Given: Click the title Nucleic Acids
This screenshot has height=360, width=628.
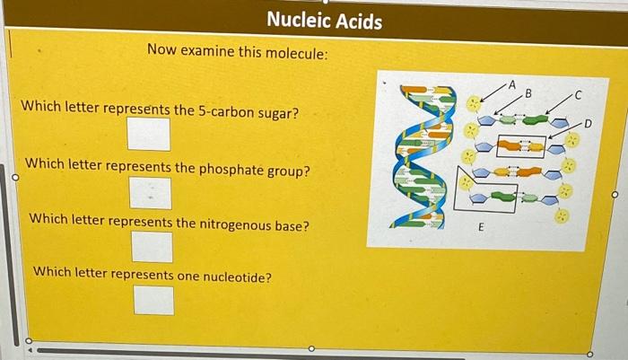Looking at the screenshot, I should (x=324, y=21).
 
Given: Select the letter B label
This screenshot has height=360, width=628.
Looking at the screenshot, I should (x=528, y=92).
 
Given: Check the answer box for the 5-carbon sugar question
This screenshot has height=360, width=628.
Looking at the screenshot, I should (x=148, y=135).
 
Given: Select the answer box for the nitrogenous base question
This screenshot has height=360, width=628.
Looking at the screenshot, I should (x=152, y=246).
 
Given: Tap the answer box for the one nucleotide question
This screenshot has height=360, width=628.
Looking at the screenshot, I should (x=153, y=299).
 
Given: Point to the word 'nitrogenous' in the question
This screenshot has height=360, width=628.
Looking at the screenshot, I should (x=218, y=224).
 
